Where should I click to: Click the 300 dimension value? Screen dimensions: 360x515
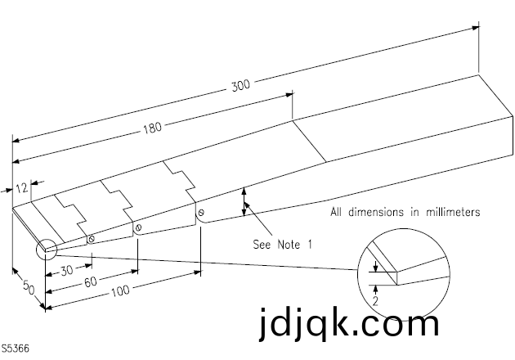(x=241, y=84)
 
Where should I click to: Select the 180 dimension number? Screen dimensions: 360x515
(x=153, y=127)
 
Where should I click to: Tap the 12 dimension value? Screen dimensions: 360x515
(x=21, y=188)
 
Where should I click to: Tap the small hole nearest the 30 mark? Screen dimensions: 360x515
(x=91, y=239)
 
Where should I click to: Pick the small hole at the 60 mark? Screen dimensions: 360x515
(x=139, y=227)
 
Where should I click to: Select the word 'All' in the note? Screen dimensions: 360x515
(x=338, y=212)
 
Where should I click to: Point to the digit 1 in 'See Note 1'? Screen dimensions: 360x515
(x=310, y=243)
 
